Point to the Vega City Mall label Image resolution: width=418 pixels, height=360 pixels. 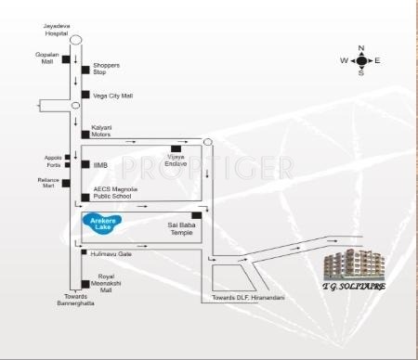(113, 96)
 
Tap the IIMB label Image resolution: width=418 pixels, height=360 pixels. (99, 164)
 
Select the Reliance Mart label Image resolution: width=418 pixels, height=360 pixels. (48, 182)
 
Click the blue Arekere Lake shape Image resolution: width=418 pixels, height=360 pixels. (99, 223)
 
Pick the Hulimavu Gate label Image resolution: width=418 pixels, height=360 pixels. (111, 252)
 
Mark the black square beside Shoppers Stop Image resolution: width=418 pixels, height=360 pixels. (85, 69)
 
